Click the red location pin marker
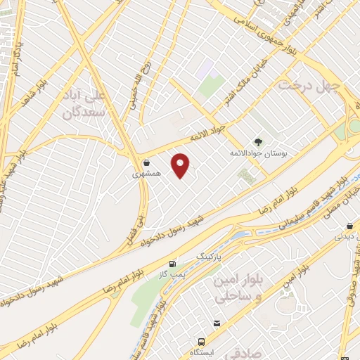(x=181, y=165)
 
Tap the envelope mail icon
(x=217, y=323)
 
